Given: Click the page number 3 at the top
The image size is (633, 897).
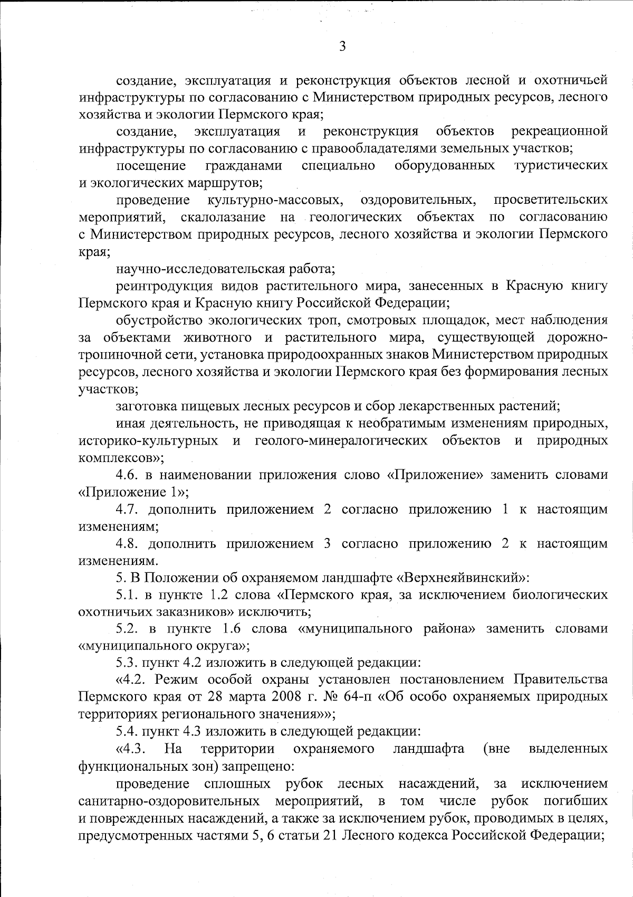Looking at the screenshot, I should click(342, 46).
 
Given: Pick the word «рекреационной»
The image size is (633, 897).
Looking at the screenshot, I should click(560, 131).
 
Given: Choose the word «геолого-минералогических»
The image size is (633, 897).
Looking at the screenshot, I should click(341, 440).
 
